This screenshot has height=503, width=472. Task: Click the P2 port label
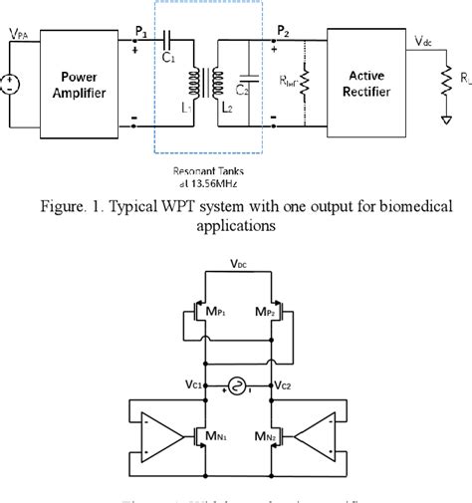[284, 32]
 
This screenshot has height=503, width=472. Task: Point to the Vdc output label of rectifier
[426, 41]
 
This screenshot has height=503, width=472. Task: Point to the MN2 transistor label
[261, 435]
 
